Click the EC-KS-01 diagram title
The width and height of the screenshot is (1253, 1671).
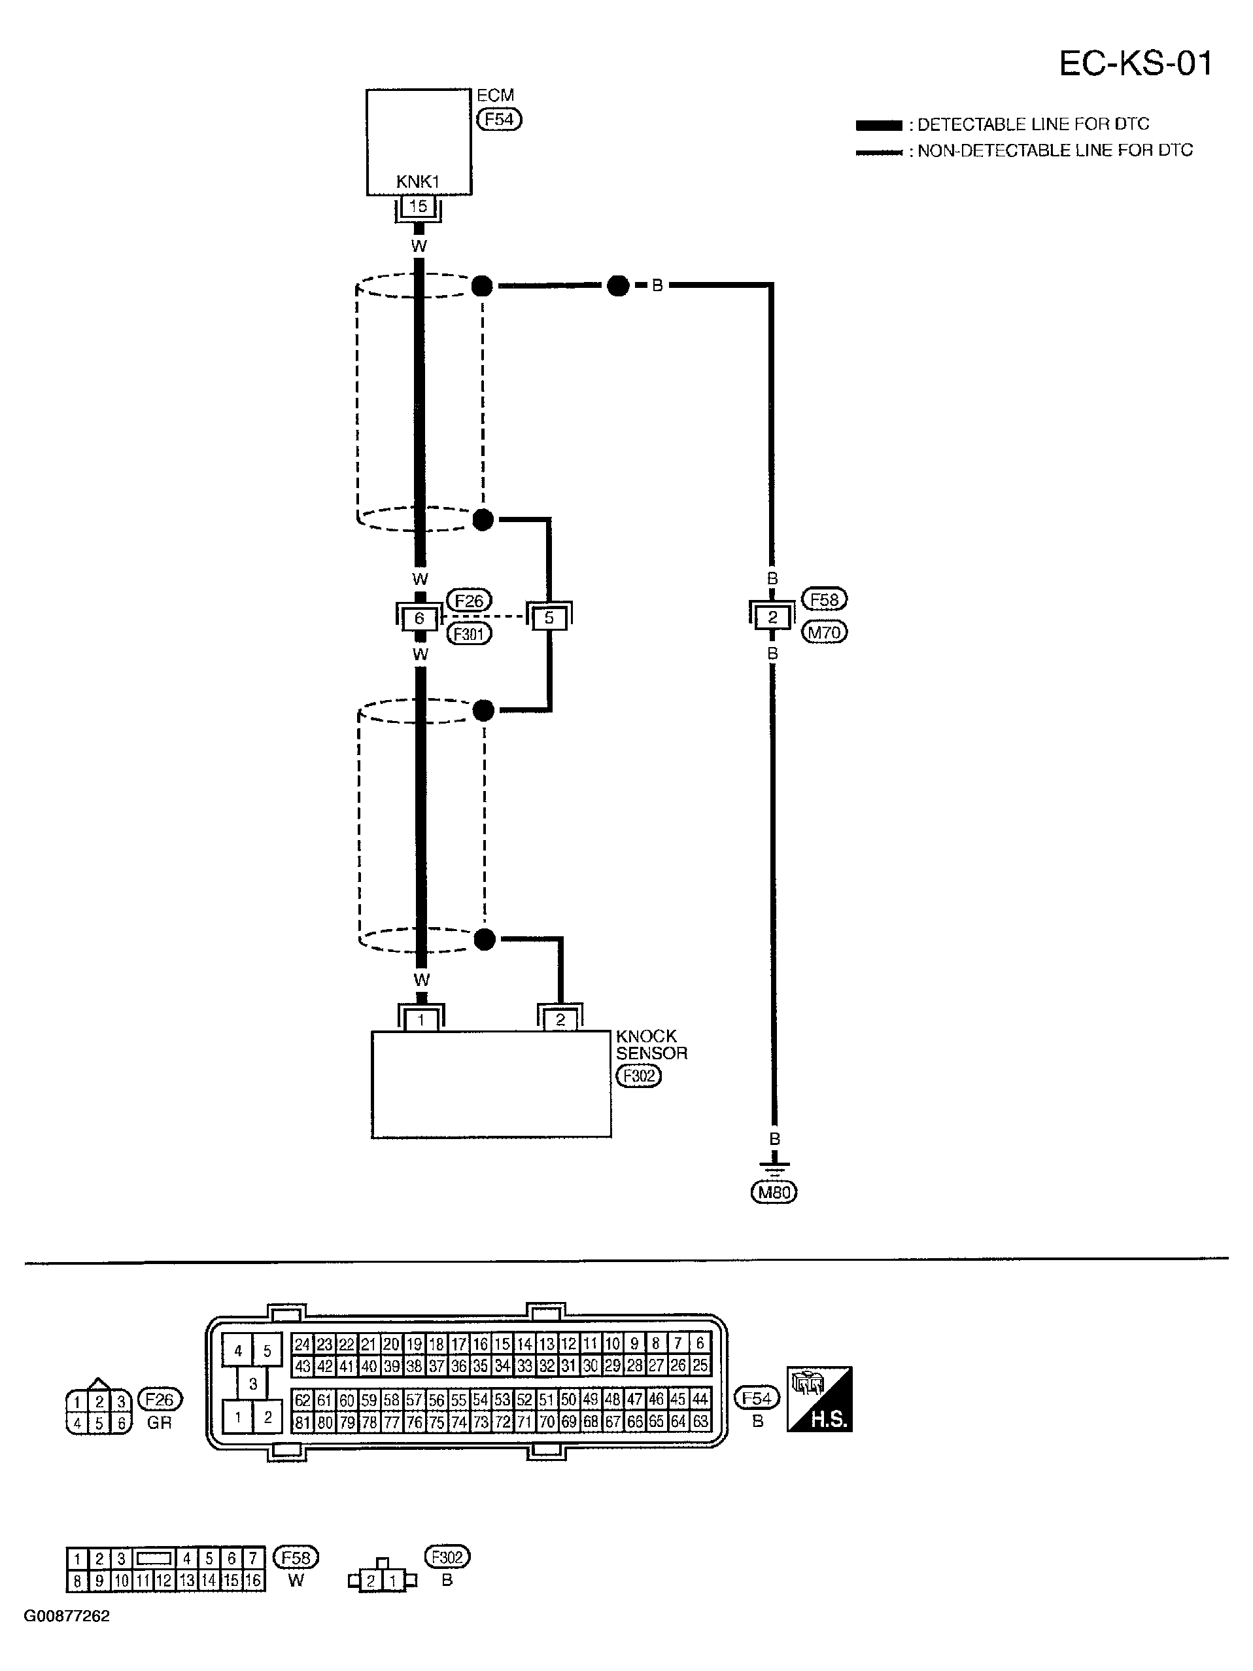click(x=1135, y=63)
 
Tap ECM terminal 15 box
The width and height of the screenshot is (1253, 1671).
click(x=418, y=206)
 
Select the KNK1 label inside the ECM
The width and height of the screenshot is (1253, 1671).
click(x=418, y=182)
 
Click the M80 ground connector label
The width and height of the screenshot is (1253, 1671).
click(x=774, y=1192)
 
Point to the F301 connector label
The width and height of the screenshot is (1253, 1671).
click(x=469, y=633)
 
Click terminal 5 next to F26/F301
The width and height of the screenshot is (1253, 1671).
click(x=549, y=618)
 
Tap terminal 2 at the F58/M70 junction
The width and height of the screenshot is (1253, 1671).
click(x=772, y=617)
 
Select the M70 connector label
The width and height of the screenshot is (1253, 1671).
click(x=824, y=632)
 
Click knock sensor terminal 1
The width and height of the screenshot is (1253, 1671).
click(x=421, y=1020)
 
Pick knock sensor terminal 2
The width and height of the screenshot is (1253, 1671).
click(x=560, y=1020)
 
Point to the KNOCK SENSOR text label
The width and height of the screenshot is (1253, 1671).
click(x=651, y=1045)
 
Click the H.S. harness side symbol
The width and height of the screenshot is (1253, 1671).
click(x=819, y=1399)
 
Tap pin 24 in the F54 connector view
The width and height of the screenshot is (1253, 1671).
click(x=302, y=1344)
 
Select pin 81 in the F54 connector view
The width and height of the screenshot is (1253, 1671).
click(x=302, y=1422)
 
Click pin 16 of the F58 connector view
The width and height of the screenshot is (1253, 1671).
click(x=253, y=1580)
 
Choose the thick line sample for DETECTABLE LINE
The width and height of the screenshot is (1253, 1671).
click(x=878, y=126)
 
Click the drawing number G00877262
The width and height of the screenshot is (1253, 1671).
click(x=67, y=1616)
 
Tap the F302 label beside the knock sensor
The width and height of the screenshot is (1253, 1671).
click(x=638, y=1076)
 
